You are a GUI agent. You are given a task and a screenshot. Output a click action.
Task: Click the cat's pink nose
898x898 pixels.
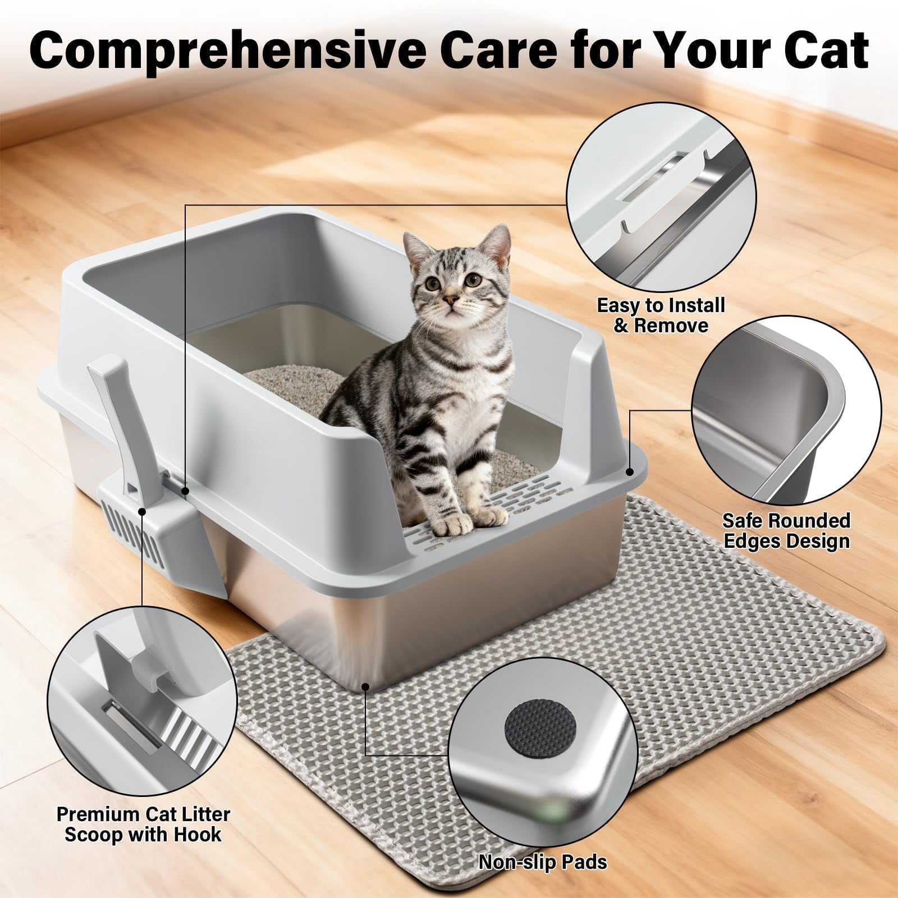pyautogui.click(x=450, y=299)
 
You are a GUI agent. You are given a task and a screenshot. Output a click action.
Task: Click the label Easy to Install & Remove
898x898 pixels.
pyautogui.click(x=661, y=315)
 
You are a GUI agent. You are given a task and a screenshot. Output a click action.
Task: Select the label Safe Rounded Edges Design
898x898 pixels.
pyautogui.click(x=786, y=530)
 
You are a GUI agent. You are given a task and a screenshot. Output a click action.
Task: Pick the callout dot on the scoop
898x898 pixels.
pyautogui.click(x=142, y=511)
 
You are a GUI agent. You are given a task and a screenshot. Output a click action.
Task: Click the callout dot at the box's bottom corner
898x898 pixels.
pyautogui.click(x=365, y=685)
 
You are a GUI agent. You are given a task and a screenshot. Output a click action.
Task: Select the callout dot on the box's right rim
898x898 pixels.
pyautogui.click(x=630, y=473)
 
